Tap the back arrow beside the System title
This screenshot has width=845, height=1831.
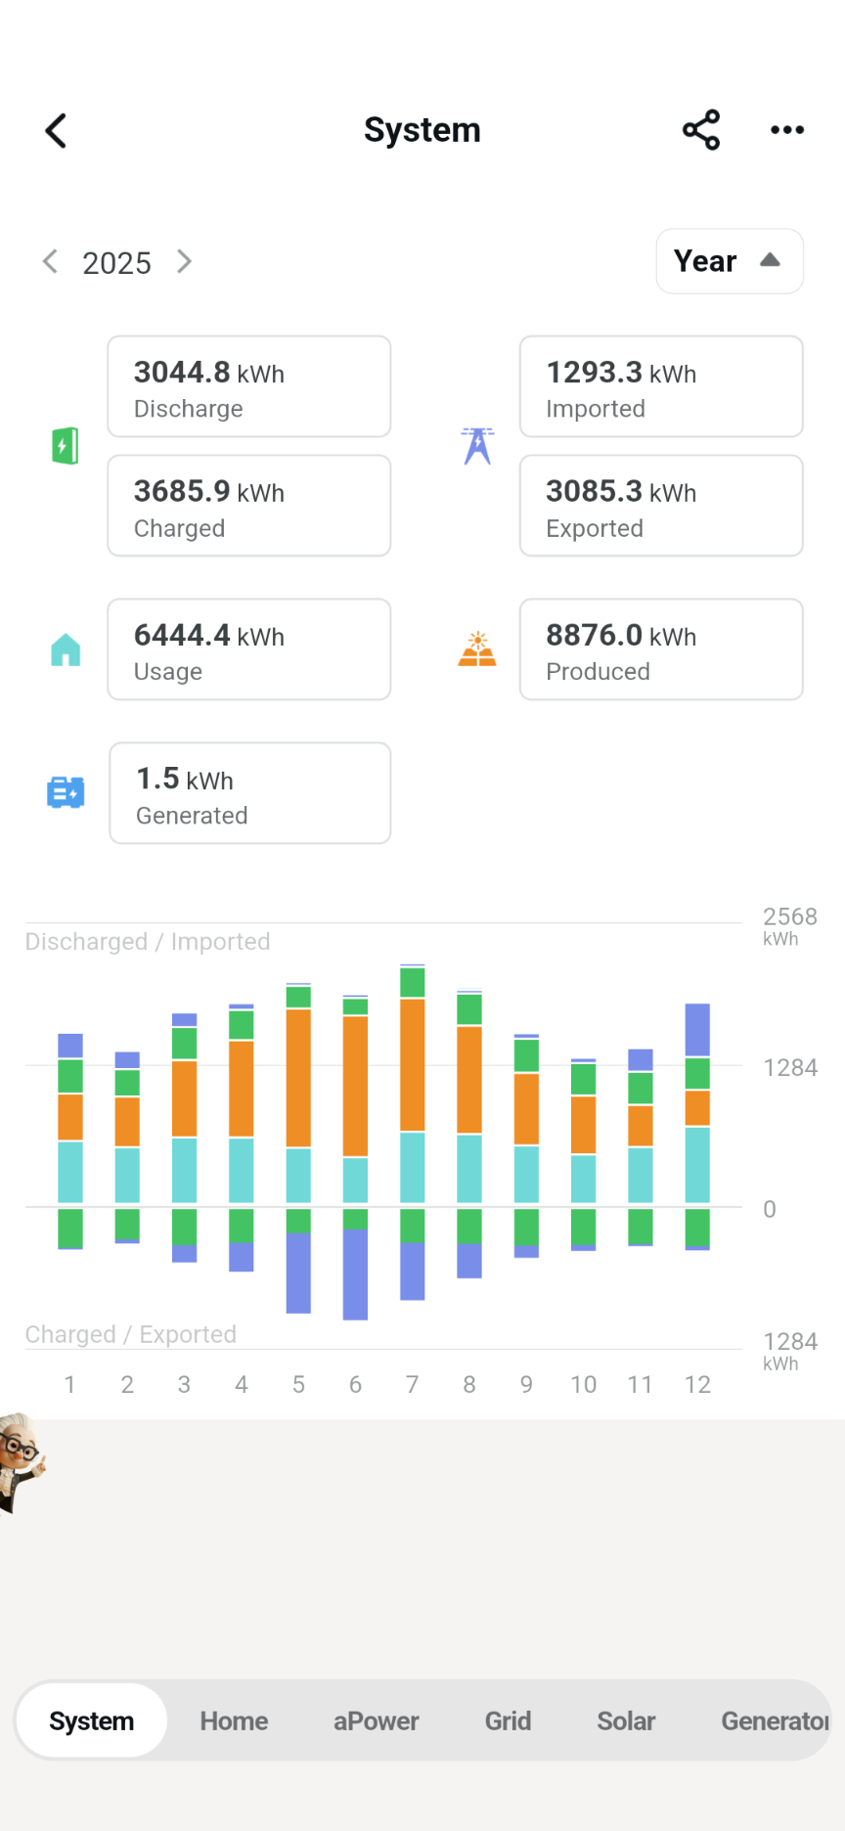click(56, 130)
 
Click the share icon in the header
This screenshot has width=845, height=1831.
click(701, 130)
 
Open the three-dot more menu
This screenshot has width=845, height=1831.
click(786, 130)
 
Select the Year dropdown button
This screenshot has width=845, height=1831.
click(729, 261)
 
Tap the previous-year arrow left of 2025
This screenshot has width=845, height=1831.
click(50, 261)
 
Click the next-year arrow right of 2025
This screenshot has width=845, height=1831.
click(184, 261)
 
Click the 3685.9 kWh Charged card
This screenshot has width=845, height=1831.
click(248, 506)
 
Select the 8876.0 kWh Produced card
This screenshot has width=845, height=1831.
click(660, 649)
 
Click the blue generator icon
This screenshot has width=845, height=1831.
click(66, 792)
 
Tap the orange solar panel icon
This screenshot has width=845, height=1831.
click(477, 649)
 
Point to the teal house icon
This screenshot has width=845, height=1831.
click(66, 649)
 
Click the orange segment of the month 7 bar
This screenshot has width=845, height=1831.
click(413, 1064)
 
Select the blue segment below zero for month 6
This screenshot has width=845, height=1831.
click(355, 1274)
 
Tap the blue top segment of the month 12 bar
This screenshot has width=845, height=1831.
click(697, 1030)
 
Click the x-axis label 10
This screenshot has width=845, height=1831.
click(583, 1384)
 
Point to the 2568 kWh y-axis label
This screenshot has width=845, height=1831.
click(788, 924)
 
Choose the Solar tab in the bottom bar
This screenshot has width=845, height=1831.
click(626, 1720)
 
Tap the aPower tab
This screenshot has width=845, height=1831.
click(376, 1720)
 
